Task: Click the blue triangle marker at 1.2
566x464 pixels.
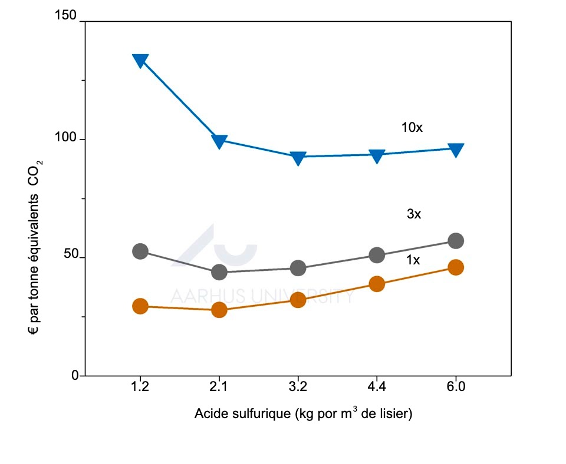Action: point(140,60)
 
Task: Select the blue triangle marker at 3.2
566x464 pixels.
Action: point(298,157)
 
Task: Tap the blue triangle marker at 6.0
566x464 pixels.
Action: point(456,150)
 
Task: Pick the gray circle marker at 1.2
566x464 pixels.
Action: point(140,251)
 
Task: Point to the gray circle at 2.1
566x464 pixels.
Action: point(219,272)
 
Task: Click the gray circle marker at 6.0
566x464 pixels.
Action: point(456,241)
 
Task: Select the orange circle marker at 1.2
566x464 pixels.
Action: point(140,306)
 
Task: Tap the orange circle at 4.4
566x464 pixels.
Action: point(377,284)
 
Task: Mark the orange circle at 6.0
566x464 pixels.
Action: point(456,267)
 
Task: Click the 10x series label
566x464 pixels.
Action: point(412,127)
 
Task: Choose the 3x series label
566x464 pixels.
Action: point(414,215)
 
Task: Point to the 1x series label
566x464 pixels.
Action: point(413,260)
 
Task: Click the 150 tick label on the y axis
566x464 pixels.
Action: point(69,16)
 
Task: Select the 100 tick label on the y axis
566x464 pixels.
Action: point(69,139)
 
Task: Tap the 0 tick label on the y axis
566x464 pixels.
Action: point(75,375)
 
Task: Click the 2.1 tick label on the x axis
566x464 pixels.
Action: point(219,387)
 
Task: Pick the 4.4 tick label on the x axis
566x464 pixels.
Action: point(377,387)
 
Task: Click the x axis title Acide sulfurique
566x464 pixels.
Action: point(302,413)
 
